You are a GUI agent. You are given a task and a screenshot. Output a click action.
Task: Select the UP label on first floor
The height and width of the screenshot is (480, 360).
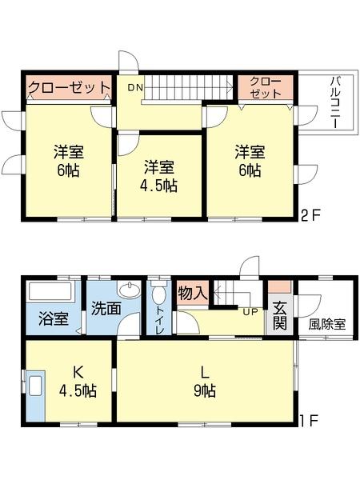point(250,311)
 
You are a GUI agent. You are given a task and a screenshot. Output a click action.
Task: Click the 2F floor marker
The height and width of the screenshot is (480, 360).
point(310,214)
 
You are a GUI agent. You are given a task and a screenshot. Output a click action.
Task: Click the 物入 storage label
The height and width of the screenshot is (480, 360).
point(192,292)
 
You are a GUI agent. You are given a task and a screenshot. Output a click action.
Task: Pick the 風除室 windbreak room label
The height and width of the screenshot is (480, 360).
point(326,325)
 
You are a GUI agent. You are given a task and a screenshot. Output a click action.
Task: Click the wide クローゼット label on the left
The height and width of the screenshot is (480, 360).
point(67,87)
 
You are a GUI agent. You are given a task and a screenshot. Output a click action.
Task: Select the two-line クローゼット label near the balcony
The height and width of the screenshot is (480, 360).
point(265,87)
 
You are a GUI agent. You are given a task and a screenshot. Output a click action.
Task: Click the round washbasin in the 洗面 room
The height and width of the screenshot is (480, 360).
point(127,290)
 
